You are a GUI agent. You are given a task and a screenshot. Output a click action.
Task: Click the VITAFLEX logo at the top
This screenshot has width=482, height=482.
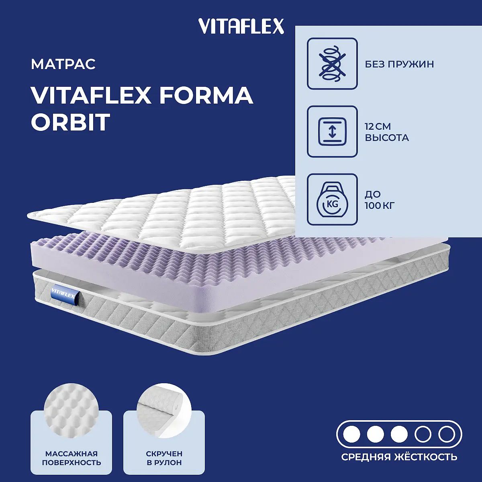pos(241,27)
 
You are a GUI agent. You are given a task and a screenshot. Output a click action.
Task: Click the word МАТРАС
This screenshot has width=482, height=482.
pos(63,64)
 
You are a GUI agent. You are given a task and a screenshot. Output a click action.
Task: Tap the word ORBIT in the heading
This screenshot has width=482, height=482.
pos(71,122)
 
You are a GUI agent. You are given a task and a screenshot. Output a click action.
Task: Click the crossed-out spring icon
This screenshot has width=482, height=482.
pos(332,63)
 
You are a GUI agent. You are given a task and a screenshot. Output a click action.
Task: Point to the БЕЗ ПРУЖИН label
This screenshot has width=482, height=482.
pos(399,64)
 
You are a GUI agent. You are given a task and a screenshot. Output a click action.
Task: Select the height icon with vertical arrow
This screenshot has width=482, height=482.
pos(332,131)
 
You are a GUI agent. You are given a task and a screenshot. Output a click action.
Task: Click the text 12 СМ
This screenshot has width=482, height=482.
pos(378,127)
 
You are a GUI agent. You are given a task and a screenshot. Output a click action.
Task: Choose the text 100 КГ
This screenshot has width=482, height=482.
pos(380,206)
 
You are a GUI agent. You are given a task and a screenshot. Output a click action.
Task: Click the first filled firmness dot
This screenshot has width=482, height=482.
pos(351,435)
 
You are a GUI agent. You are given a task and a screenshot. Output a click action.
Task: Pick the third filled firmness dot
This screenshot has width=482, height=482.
pos(399,435)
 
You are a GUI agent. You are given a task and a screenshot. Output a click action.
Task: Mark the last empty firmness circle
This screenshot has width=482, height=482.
pos(447,435)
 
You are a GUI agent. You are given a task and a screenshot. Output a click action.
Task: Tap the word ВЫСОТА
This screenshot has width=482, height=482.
pos(387,138)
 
